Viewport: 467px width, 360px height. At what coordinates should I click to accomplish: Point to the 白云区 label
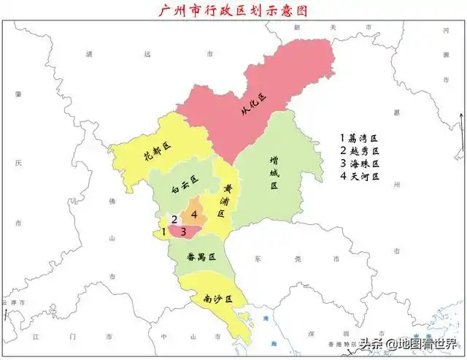(185, 183)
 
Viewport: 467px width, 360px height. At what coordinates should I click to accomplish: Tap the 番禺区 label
(201, 257)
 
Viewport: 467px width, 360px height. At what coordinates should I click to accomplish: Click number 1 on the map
(164, 231)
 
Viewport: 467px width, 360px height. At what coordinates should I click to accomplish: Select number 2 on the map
(174, 218)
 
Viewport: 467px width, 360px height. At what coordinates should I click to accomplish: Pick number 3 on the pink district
(185, 232)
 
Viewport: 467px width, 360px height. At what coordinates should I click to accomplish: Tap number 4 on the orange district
(195, 213)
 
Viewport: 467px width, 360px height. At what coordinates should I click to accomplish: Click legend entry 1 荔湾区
(360, 137)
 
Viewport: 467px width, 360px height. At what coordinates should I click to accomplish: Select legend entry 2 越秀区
(360, 150)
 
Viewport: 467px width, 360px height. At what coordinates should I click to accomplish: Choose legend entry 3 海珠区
(360, 164)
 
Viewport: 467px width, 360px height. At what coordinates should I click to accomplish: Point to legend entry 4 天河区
(360, 177)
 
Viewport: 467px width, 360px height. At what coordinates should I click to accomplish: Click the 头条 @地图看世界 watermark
(407, 343)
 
